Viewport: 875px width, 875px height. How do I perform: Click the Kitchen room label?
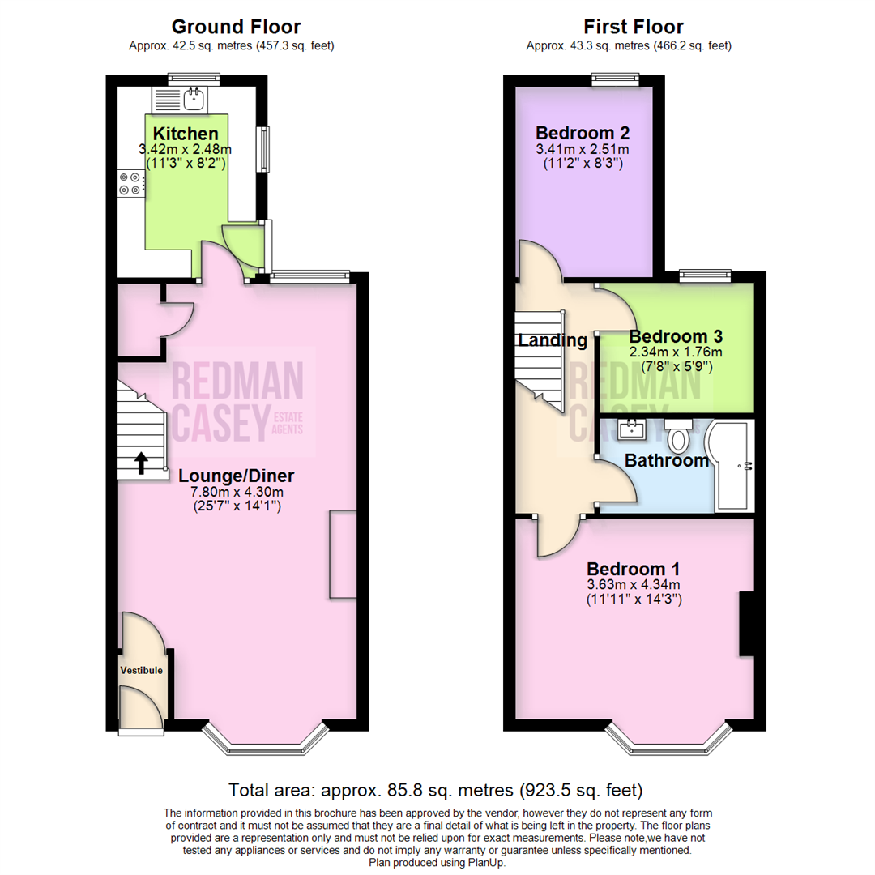pyautogui.click(x=186, y=134)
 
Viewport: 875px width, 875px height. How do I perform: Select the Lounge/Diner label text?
pyautogui.click(x=236, y=476)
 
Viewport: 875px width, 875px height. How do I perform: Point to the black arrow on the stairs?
pyautogui.click(x=141, y=462)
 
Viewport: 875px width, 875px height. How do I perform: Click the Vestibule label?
pyautogui.click(x=142, y=671)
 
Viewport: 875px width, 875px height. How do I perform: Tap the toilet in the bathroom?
pyautogui.click(x=678, y=438)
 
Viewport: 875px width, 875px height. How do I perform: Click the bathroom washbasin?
pyautogui.click(x=631, y=430)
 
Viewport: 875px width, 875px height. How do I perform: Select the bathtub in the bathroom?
pyautogui.click(x=732, y=466)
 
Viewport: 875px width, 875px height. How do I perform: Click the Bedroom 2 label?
pyautogui.click(x=583, y=133)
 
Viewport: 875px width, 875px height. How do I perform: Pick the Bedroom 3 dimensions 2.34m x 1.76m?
pyautogui.click(x=675, y=352)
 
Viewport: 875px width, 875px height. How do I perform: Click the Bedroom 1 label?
pyautogui.click(x=634, y=569)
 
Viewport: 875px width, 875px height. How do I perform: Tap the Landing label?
pyautogui.click(x=552, y=340)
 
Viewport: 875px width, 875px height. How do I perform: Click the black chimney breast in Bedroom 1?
pyautogui.click(x=747, y=624)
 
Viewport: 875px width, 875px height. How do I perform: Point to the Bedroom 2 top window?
pyautogui.click(x=616, y=79)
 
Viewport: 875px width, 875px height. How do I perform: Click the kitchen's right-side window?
pyautogui.click(x=263, y=150)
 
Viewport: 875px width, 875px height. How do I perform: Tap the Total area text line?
pyautogui.click(x=436, y=789)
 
